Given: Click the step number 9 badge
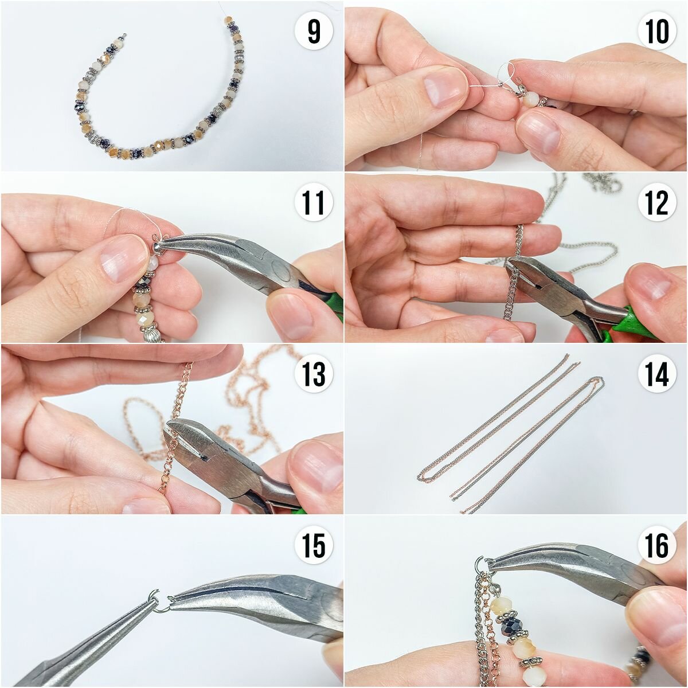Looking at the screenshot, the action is pyautogui.click(x=314, y=32).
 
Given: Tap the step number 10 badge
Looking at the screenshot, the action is pyautogui.click(x=657, y=32).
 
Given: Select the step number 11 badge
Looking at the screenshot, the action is pyautogui.click(x=314, y=203).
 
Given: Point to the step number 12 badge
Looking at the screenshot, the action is pyautogui.click(x=657, y=203).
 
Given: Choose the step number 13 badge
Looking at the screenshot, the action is pyautogui.click(x=314, y=374).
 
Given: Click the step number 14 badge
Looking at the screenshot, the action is pyautogui.click(x=657, y=374).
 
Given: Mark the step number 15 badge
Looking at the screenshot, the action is pyautogui.click(x=314, y=546).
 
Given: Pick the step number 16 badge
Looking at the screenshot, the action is pyautogui.click(x=657, y=546).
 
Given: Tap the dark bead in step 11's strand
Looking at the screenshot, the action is pyautogui.click(x=146, y=282).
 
